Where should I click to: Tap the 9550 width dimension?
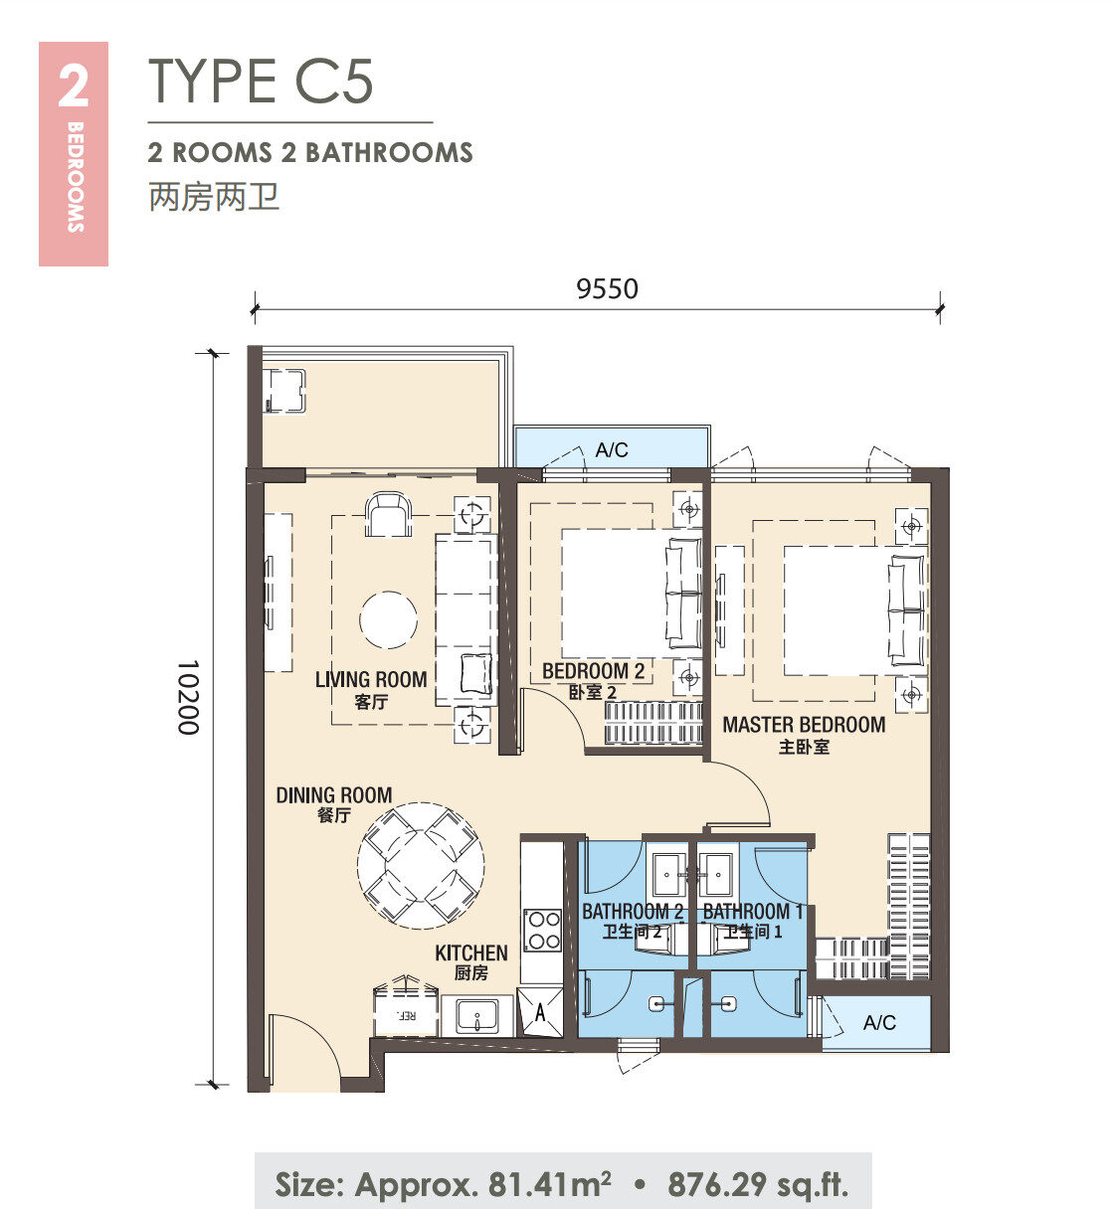tap(607, 288)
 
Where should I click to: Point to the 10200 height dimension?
tap(188, 697)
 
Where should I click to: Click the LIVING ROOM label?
tap(370, 679)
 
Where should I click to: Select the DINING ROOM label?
tap(334, 794)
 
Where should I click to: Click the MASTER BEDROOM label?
tap(804, 725)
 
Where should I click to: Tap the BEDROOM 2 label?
tap(593, 671)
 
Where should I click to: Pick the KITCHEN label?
tap(470, 952)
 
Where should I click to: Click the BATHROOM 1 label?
tap(752, 912)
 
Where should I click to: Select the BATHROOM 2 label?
tap(633, 912)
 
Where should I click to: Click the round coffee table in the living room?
tap(388, 619)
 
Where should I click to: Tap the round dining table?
tap(421, 866)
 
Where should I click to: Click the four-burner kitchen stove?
tap(541, 930)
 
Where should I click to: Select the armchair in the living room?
tap(388, 515)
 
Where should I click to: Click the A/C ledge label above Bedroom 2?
tap(611, 449)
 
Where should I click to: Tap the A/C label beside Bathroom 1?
tap(879, 1022)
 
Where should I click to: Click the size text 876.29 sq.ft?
tap(758, 1184)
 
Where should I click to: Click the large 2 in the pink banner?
tap(73, 86)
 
